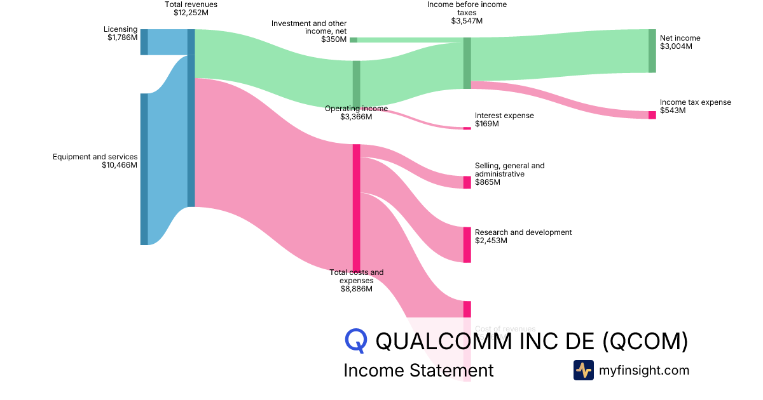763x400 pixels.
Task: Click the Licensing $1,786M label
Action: (x=121, y=34)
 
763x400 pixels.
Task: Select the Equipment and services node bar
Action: (x=144, y=169)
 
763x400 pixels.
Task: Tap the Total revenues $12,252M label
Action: (x=191, y=8)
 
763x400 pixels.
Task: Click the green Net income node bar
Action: (x=652, y=51)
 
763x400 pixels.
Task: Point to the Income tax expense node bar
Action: (x=652, y=115)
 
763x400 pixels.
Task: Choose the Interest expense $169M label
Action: (x=504, y=119)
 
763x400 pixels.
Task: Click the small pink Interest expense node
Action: (x=467, y=128)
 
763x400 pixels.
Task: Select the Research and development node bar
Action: (x=467, y=244)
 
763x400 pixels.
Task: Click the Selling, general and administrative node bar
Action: (x=467, y=182)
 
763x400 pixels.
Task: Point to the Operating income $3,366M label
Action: (x=356, y=112)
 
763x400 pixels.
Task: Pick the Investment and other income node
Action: (x=354, y=40)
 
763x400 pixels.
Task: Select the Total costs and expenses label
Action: (x=356, y=281)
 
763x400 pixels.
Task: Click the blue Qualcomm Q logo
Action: (x=356, y=340)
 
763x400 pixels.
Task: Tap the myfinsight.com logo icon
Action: (x=583, y=370)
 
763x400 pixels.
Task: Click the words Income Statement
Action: (x=418, y=370)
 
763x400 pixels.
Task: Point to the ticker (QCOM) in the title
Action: (x=645, y=341)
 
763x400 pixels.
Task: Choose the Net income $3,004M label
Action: (x=680, y=43)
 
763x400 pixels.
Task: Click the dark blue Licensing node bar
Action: (x=144, y=42)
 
